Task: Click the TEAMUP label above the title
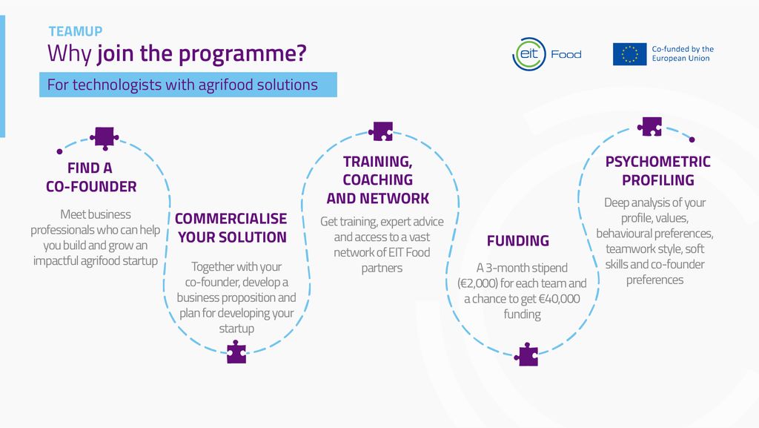(x=76, y=31)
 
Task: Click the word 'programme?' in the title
(x=254, y=53)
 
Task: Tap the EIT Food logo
(x=547, y=54)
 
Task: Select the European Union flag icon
(x=629, y=54)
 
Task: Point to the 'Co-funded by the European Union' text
(x=682, y=53)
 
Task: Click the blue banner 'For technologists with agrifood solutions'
(x=188, y=85)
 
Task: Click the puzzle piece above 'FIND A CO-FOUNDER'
(x=104, y=136)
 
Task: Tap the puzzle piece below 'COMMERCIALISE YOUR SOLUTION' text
(x=236, y=352)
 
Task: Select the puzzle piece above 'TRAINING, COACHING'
(x=382, y=131)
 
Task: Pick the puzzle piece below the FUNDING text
(x=528, y=355)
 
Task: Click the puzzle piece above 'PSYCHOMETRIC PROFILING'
(x=651, y=126)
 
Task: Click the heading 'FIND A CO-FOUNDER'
(x=91, y=177)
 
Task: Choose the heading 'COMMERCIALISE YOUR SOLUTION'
(x=231, y=228)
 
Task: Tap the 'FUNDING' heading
(x=518, y=240)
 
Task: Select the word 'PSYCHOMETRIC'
(x=658, y=162)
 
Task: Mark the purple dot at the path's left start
(x=59, y=151)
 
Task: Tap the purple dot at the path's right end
(x=692, y=139)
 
